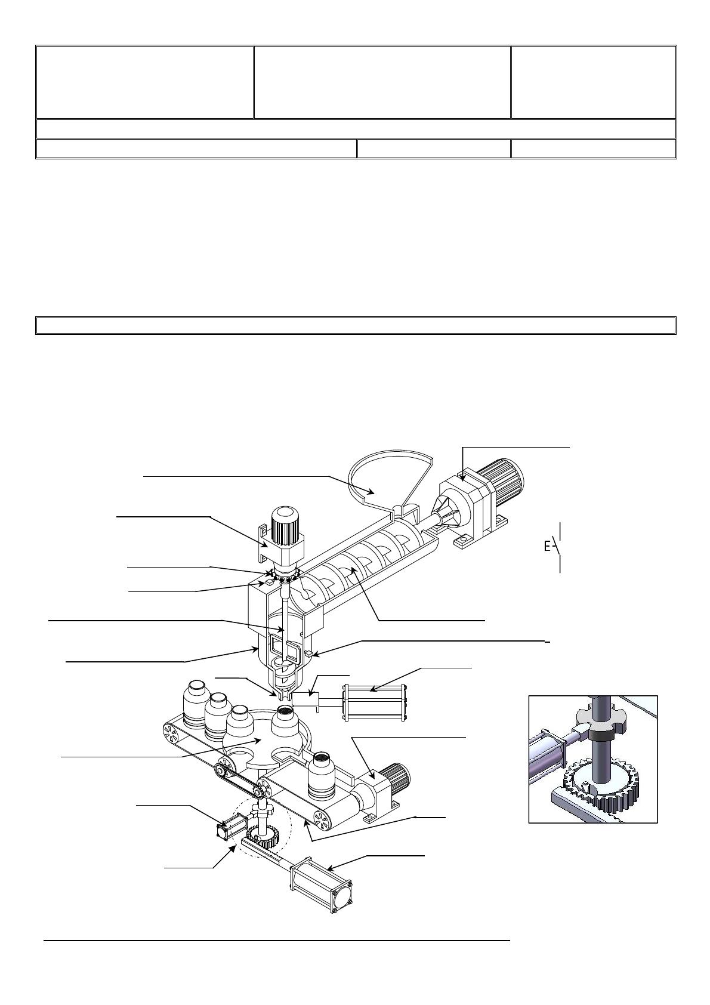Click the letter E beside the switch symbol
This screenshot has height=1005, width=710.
pyautogui.click(x=547, y=547)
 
